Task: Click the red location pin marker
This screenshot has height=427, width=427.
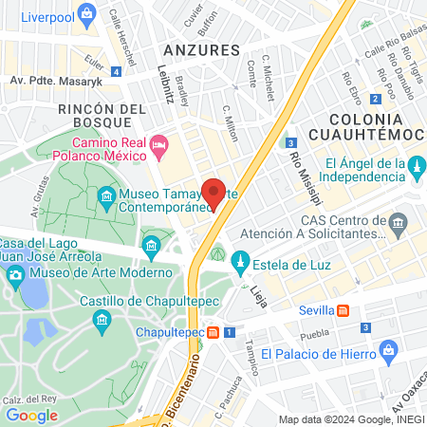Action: coord(214,193)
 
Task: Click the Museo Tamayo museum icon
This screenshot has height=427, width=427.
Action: coord(106,198)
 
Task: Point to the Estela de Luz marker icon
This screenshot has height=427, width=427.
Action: coord(240,260)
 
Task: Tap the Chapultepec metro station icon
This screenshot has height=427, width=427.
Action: coord(214,332)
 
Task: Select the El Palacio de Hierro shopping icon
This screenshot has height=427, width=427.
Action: coord(388,353)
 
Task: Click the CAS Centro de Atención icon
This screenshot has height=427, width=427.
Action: coord(398,224)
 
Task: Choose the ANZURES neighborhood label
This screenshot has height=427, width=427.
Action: coord(200,49)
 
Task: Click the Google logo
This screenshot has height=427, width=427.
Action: coord(31,415)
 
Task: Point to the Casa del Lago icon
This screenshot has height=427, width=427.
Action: coord(151,248)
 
